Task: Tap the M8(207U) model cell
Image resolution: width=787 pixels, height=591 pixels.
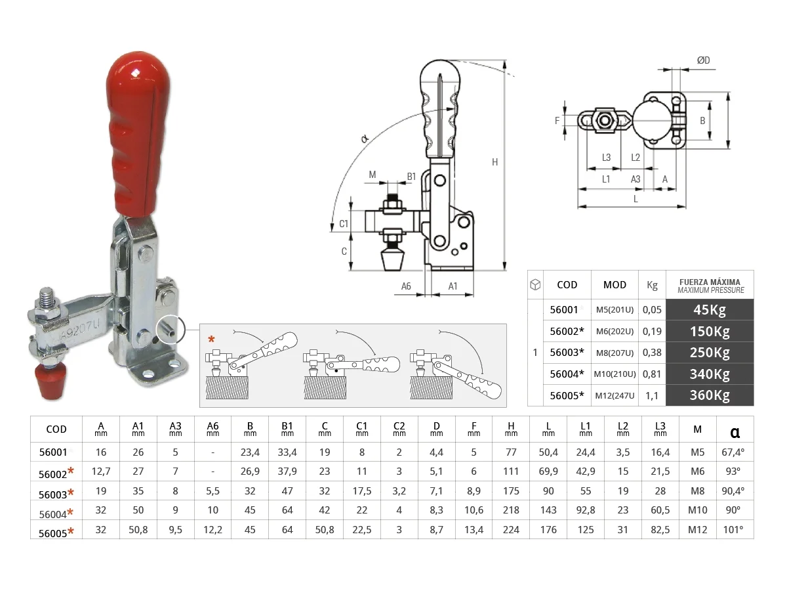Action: tap(615, 353)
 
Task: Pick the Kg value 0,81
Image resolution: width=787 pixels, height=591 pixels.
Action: tap(652, 374)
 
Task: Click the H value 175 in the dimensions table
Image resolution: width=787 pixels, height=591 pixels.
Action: tap(511, 491)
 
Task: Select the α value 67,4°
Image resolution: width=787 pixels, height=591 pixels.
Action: tap(735, 452)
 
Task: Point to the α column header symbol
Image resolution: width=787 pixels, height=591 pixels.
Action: tap(735, 431)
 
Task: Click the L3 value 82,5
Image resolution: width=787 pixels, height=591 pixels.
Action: tap(660, 530)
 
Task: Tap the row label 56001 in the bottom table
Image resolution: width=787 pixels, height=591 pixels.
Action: tap(56, 452)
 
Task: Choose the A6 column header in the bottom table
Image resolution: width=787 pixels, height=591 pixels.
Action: tap(212, 429)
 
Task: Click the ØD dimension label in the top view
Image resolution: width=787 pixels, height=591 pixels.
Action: tap(704, 60)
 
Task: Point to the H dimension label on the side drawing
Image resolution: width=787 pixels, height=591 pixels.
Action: tap(494, 162)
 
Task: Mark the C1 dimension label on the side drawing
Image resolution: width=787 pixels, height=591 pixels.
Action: tap(343, 224)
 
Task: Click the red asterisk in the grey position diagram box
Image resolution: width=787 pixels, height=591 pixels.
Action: tap(211, 339)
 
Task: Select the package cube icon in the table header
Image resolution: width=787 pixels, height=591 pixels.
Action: tap(535, 284)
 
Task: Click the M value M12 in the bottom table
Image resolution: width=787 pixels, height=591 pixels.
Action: tap(697, 530)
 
